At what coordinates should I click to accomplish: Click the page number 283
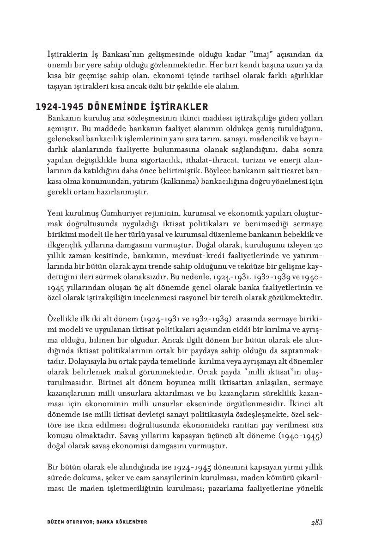point(316,522)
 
